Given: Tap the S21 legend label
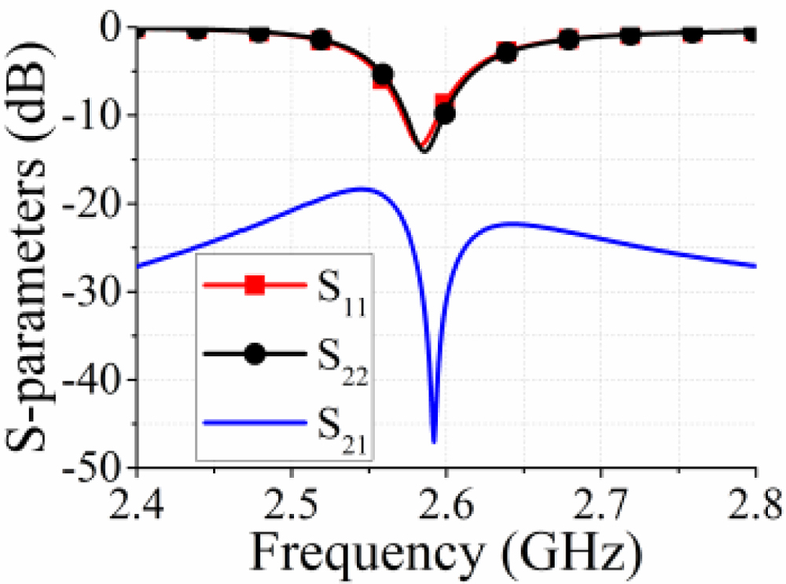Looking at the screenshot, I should click(x=340, y=428).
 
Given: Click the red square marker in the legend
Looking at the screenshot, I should click(x=254, y=285).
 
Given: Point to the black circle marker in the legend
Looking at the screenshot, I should click(x=254, y=354).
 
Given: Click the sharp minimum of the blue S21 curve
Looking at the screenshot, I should click(x=434, y=443).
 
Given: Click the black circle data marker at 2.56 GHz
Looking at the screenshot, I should click(x=383, y=75).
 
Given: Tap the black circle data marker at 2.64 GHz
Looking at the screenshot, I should click(x=507, y=53).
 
